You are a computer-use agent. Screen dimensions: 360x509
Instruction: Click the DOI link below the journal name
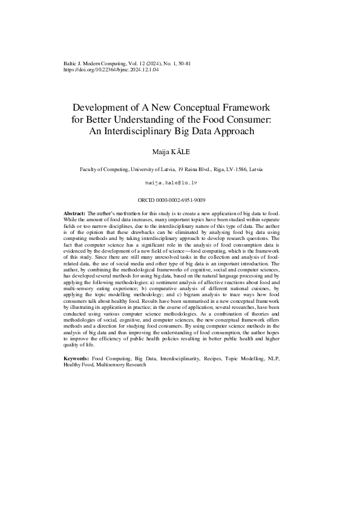(111, 70)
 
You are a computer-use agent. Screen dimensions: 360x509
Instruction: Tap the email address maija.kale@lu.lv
(180, 182)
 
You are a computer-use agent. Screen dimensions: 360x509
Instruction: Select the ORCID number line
(180, 199)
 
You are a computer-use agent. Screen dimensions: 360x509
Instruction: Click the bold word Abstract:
(75, 215)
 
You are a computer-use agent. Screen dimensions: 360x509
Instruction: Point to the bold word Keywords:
(77, 359)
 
